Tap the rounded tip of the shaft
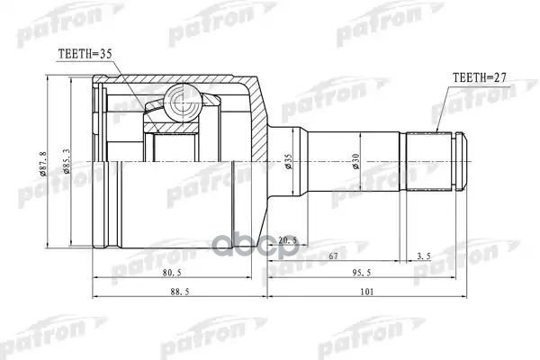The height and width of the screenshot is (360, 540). (x=463, y=162)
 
